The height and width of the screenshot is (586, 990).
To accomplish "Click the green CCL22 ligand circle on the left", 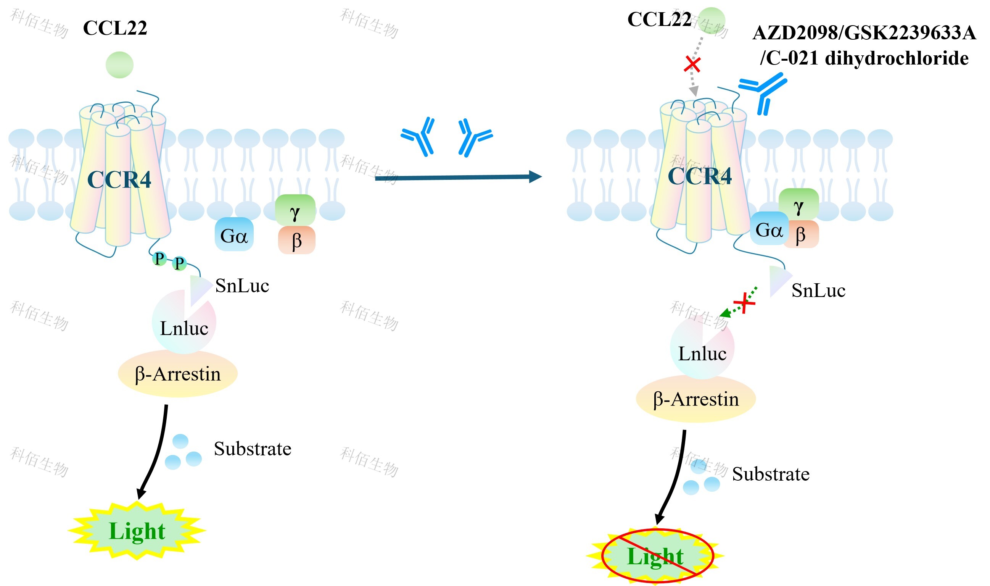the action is tap(119, 65).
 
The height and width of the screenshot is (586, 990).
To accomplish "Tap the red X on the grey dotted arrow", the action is tap(692, 65).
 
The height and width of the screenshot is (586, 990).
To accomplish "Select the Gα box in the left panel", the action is tap(234, 234).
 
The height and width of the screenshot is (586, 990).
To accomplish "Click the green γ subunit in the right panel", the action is tap(798, 204).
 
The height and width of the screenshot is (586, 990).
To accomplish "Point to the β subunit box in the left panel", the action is tap(297, 240).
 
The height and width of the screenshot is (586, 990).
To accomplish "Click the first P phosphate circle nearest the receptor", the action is tap(159, 259).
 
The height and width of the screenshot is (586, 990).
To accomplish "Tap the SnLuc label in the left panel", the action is tap(242, 286).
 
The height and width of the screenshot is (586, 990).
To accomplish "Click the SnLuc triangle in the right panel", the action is tap(779, 281).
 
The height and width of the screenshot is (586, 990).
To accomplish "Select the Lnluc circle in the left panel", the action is tap(184, 322).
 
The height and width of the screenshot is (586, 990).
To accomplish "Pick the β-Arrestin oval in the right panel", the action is tap(695, 399).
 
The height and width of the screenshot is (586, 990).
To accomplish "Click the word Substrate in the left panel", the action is tap(253, 449).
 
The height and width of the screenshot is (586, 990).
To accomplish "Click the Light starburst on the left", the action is tap(137, 531).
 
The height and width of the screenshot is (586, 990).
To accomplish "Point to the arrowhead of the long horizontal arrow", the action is tap(536, 176).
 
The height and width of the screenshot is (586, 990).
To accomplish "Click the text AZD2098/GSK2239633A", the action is tap(864, 33).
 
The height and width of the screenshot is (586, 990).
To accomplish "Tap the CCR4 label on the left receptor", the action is tap(119, 180).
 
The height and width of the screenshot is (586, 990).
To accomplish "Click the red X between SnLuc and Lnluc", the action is tap(744, 303).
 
